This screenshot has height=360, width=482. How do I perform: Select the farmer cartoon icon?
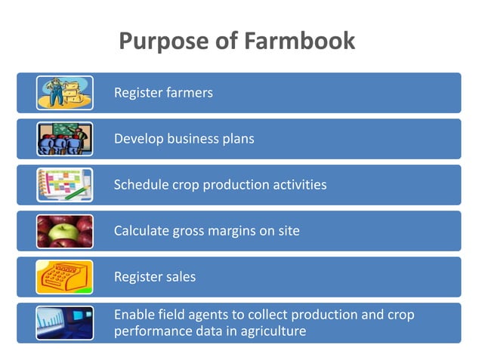click(64, 93)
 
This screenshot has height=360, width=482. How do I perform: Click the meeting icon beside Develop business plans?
click(64, 139)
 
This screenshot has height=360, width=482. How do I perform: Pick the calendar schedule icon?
click(64, 185)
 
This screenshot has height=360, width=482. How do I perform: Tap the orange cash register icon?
click(64, 277)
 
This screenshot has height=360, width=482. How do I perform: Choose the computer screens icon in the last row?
click(64, 323)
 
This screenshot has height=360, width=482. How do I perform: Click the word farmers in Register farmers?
click(189, 93)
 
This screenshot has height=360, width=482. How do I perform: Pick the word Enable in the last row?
click(134, 315)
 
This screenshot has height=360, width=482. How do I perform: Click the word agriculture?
click(270, 331)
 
